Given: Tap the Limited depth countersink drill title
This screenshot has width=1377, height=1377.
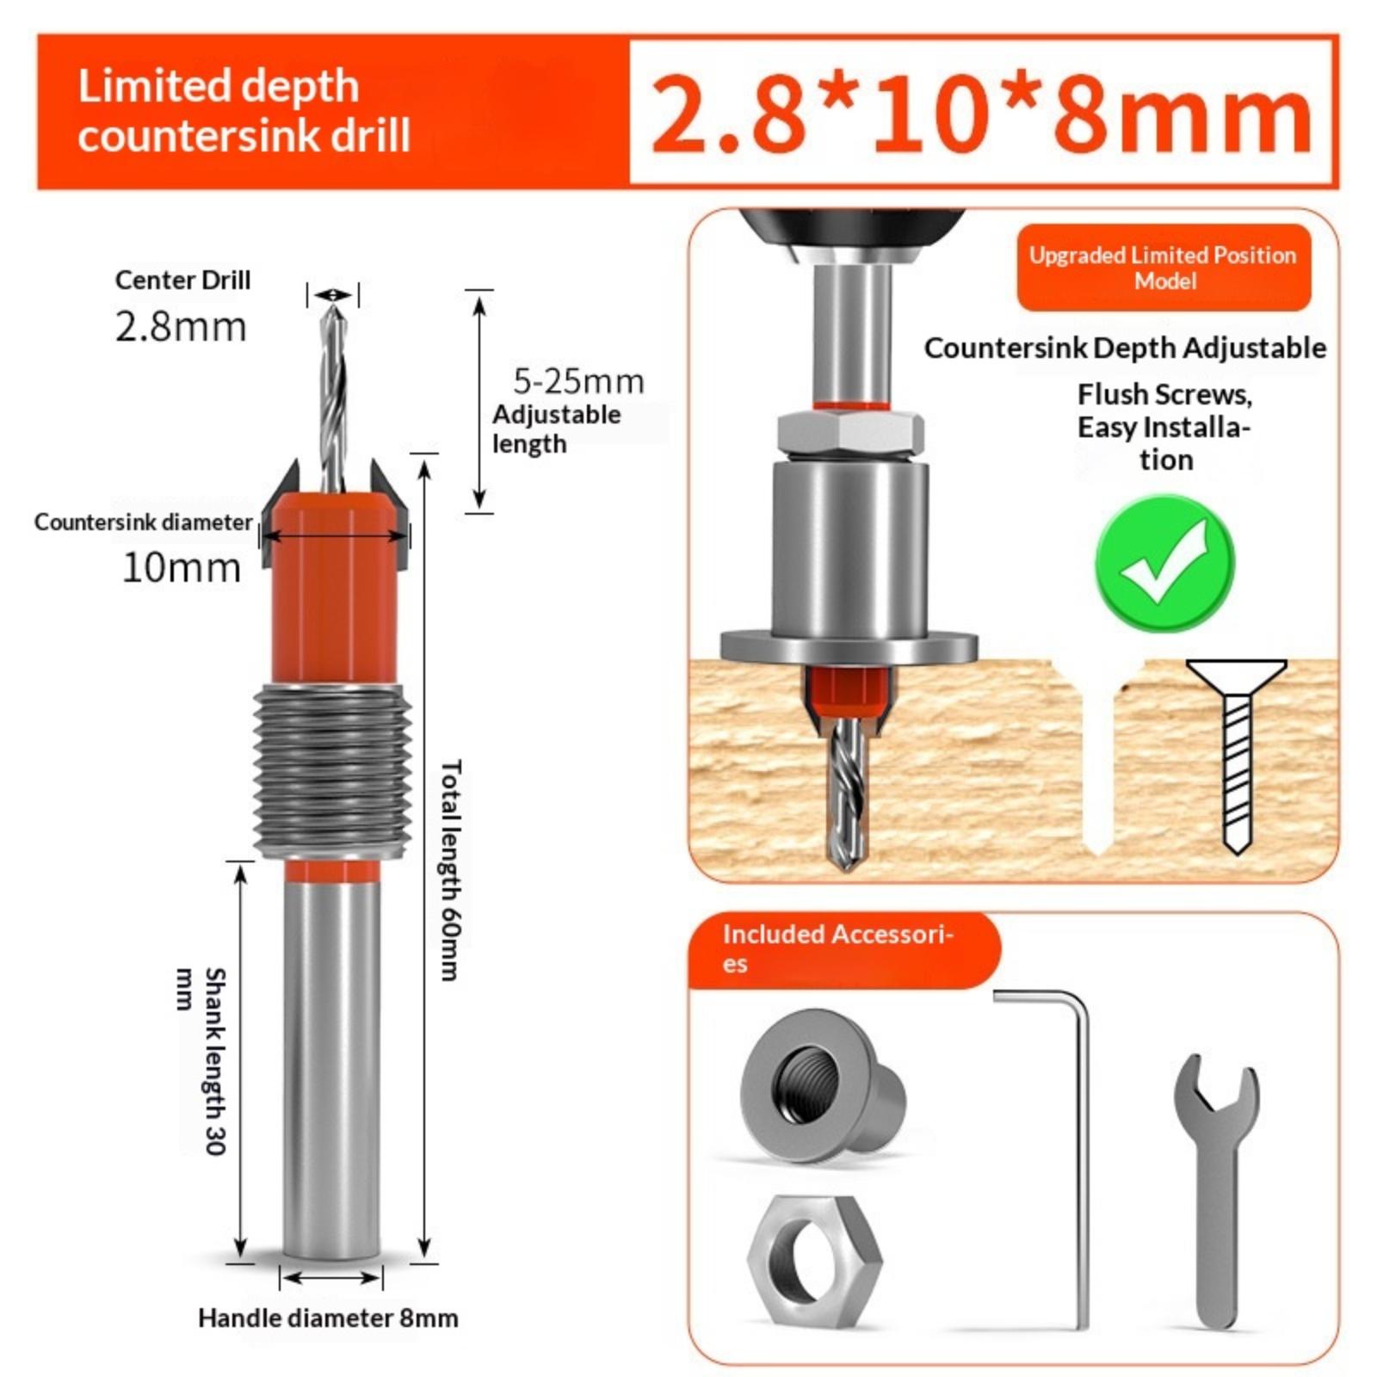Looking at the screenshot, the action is pyautogui.click(x=244, y=111).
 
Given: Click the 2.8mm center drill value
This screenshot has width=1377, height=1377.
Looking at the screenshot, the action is pyautogui.click(x=181, y=327).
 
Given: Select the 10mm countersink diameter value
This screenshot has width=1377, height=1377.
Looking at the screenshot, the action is pyautogui.click(x=182, y=567).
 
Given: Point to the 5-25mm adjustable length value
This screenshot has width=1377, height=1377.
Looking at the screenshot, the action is pyautogui.click(x=578, y=381).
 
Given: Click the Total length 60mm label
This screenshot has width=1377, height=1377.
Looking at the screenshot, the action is pyautogui.click(x=450, y=869).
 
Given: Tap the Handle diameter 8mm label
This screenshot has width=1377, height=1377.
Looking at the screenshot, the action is pyautogui.click(x=328, y=1318).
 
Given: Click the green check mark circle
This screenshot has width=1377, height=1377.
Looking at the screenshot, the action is pyautogui.click(x=1164, y=563).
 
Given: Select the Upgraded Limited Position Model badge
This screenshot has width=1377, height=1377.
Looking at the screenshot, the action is pyautogui.click(x=1164, y=268).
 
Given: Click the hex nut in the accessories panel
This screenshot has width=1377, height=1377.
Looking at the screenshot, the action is pyautogui.click(x=814, y=1261).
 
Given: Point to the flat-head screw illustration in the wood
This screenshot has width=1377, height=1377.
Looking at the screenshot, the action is pyautogui.click(x=1237, y=756).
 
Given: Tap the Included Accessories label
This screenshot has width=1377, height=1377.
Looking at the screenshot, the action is pyautogui.click(x=837, y=948).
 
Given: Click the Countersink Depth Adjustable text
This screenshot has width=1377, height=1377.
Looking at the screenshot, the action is pyautogui.click(x=1125, y=348).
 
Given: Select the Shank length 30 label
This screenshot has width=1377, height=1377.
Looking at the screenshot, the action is pyautogui.click(x=203, y=1062).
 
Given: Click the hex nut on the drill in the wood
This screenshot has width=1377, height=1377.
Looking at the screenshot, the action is pyautogui.click(x=850, y=432).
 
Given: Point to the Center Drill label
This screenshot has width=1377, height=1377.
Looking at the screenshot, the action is pyautogui.click(x=182, y=280).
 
